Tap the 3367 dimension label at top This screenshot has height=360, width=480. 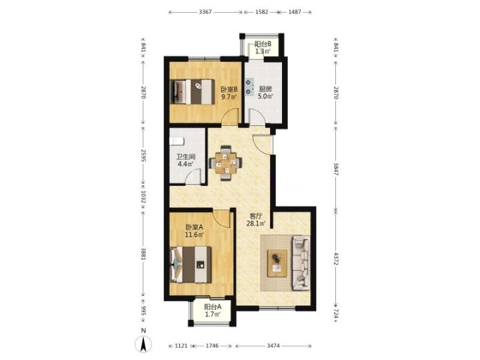[205, 12]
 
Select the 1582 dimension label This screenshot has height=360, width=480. [261, 12]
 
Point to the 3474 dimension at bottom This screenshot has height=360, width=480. [273, 345]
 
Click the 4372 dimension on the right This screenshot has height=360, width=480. [336, 259]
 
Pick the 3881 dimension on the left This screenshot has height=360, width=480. [143, 253]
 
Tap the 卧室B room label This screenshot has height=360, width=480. [229, 89]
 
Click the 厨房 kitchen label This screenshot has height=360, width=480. [265, 89]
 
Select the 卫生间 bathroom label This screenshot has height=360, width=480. [186, 157]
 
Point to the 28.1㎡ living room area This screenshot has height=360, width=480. [256, 223]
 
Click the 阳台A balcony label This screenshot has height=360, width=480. [213, 307]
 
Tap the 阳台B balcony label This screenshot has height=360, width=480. [263, 45]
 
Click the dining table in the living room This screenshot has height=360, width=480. [225, 163]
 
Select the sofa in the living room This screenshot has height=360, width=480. [301, 263]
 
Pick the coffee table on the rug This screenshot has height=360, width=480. [277, 263]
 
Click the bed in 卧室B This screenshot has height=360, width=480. [192, 92]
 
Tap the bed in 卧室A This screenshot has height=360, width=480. [191, 265]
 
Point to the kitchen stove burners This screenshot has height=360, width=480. [250, 87]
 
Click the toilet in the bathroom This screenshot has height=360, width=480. [177, 141]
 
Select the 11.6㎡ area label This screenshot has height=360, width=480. [195, 235]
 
